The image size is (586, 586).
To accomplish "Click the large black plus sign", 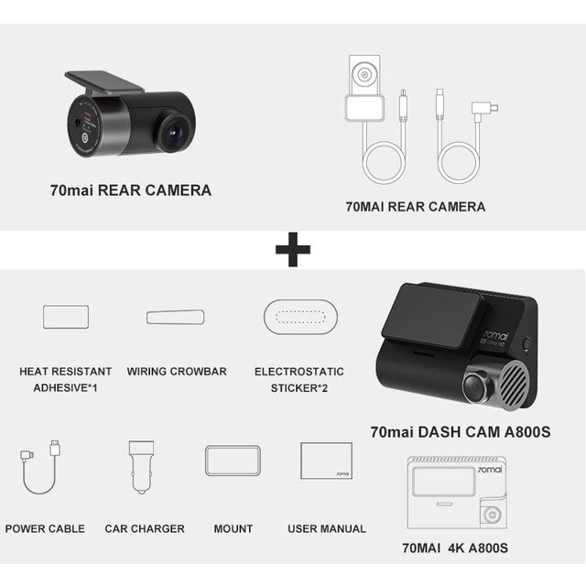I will (x=293, y=249).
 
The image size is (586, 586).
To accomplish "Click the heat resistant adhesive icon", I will (x=66, y=317).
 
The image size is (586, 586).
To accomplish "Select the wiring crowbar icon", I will (x=175, y=317).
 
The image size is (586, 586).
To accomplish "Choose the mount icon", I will (x=233, y=460).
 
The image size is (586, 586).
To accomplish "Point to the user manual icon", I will (x=326, y=460).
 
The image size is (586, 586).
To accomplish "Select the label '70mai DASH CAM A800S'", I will (x=461, y=430).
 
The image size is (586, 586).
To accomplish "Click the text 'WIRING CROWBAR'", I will (x=177, y=372).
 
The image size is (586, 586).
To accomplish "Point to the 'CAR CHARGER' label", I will (x=144, y=528).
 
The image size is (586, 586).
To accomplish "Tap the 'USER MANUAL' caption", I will (x=327, y=528).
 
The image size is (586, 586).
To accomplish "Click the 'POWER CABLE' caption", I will (x=45, y=528).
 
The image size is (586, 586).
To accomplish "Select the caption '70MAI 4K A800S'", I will (x=454, y=548).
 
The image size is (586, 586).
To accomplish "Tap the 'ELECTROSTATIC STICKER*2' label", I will (x=299, y=379).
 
